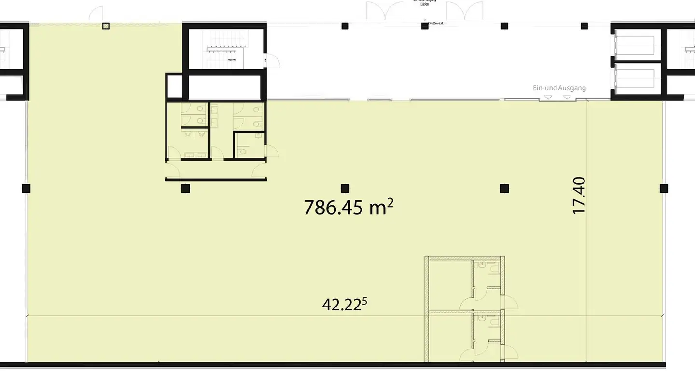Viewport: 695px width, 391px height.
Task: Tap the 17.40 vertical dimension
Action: pyautogui.click(x=579, y=195)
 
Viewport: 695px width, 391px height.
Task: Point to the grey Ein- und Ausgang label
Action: pyautogui.click(x=559, y=88)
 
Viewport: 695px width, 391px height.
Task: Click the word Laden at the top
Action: pyautogui.click(x=425, y=4)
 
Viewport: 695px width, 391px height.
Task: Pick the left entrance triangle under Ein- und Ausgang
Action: pyautogui.click(x=548, y=98)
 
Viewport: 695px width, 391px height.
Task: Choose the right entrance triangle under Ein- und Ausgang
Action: pyautogui.click(x=567, y=98)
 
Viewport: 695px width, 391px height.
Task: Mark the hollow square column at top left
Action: pyautogui.click(x=106, y=26)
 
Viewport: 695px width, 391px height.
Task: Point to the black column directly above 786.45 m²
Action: pyautogui.click(x=345, y=188)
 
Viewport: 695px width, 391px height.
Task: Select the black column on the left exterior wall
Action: pyautogui.click(x=26, y=188)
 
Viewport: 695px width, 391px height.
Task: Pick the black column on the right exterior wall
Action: pyautogui.click(x=664, y=188)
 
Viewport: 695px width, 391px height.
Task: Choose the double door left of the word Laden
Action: pyautogui.click(x=385, y=12)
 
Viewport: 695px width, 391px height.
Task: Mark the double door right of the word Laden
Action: pyautogui.click(x=464, y=12)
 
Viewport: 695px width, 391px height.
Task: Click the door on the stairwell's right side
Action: pyautogui.click(x=272, y=60)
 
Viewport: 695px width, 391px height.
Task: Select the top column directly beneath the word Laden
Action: pyautogui.click(x=425, y=26)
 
